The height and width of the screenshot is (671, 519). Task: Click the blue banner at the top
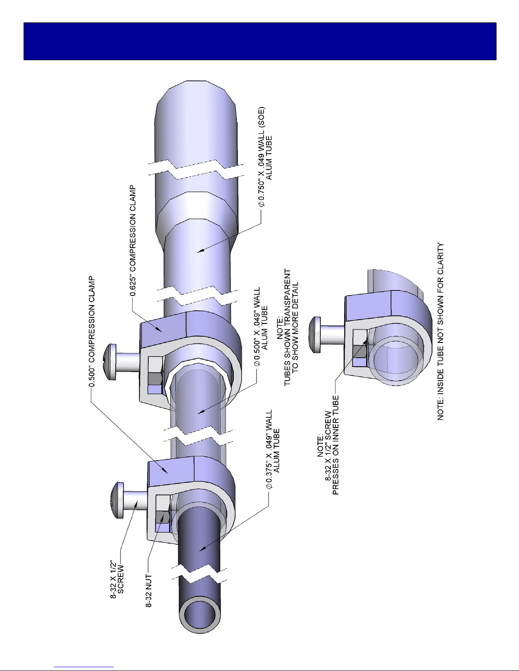260,41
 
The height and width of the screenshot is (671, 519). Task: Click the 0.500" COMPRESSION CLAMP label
92,331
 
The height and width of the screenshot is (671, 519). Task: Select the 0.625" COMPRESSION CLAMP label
133,240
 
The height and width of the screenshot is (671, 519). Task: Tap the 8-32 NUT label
149,591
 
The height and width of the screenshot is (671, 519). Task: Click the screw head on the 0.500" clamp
117,500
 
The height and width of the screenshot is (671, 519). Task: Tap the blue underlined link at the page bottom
84,667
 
